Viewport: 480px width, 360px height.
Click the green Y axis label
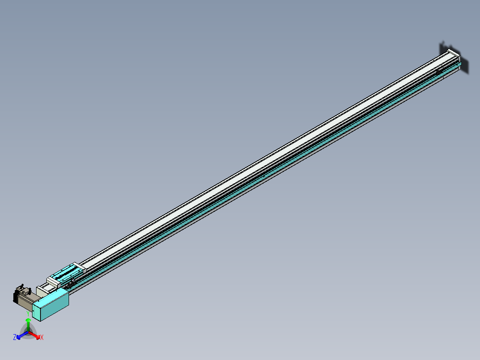[x=28, y=313]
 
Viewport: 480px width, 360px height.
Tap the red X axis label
[x=42, y=338]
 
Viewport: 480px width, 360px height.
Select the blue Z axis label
[x=15, y=337]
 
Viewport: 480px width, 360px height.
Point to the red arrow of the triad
[x=35, y=335]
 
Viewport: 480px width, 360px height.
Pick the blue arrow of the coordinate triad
[x=21, y=335]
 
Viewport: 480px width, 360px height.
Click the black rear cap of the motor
[x=16, y=297]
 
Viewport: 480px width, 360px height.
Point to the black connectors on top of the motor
[x=21, y=287]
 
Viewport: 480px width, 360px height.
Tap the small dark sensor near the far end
[x=439, y=71]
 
